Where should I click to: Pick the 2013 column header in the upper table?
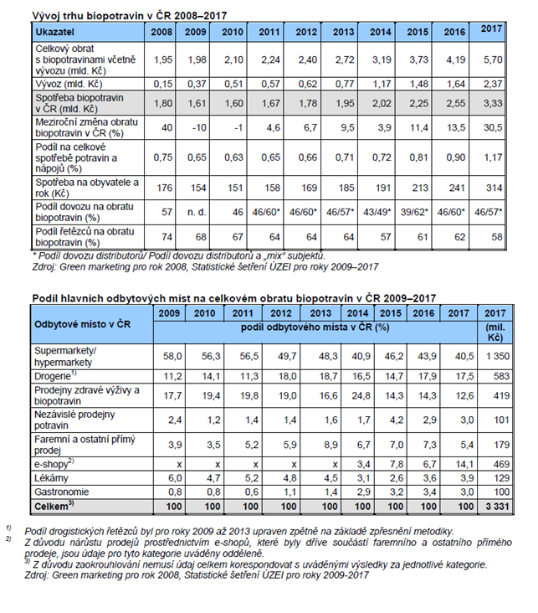(343, 31)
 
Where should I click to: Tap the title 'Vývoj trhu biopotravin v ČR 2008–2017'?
(117, 14)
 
